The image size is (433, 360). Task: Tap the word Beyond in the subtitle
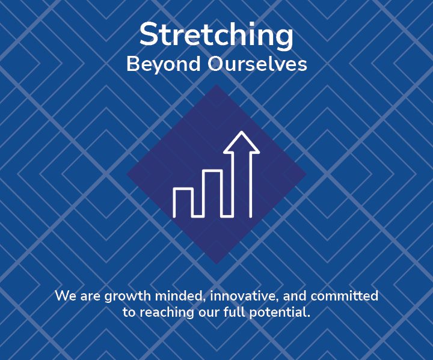pyautogui.click(x=164, y=64)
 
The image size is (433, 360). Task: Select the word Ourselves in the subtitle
pyautogui.click(x=257, y=64)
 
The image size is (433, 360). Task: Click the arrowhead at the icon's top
pyautogui.click(x=242, y=142)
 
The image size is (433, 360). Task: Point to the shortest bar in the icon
pyautogui.click(x=183, y=203)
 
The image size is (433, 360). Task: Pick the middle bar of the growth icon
pyautogui.click(x=213, y=193)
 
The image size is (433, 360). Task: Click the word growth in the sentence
pyautogui.click(x=128, y=296)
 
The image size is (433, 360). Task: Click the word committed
pyautogui.click(x=345, y=296)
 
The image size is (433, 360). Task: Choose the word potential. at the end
pyautogui.click(x=280, y=313)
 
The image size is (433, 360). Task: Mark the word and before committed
pyautogui.click(x=295, y=296)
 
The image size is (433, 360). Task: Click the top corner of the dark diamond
pyautogui.click(x=216, y=85)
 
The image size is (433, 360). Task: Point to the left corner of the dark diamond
pyautogui.click(x=127, y=174)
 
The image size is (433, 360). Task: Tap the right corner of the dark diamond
pyautogui.click(x=306, y=174)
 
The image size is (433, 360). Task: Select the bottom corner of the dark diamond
pyautogui.click(x=216, y=264)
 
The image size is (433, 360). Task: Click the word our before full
pyautogui.click(x=209, y=313)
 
